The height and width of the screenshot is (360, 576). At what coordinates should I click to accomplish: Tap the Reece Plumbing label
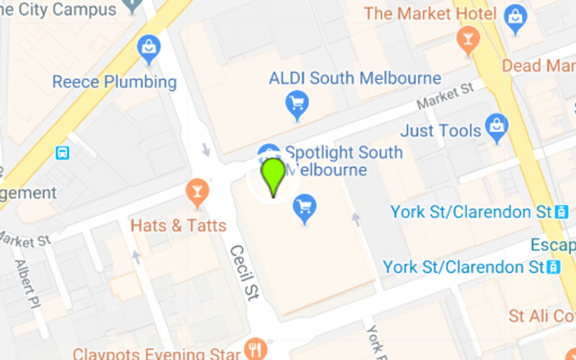pyautogui.click(x=114, y=81)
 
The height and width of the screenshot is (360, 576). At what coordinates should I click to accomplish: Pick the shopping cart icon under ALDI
pyautogui.click(x=297, y=105)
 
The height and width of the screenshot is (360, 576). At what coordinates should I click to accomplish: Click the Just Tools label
pyautogui.click(x=440, y=131)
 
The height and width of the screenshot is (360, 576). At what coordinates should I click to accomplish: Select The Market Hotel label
pyautogui.click(x=430, y=14)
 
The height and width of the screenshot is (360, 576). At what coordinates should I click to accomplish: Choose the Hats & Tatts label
pyautogui.click(x=178, y=225)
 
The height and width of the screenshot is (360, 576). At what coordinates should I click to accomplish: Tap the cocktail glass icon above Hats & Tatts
pyautogui.click(x=196, y=192)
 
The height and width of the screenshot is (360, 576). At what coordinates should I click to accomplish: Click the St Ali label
pyautogui.click(x=541, y=316)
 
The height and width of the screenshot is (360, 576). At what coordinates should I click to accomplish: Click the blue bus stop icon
pyautogui.click(x=63, y=153)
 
